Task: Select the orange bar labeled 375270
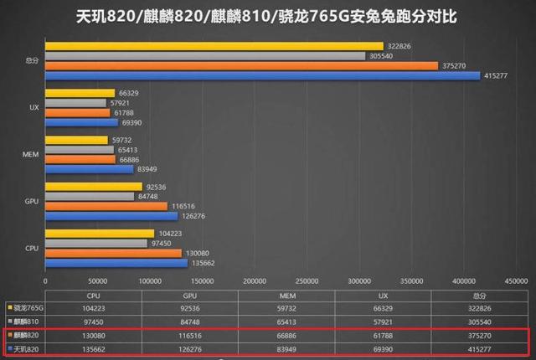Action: point(241,65)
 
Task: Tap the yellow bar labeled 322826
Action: point(214,46)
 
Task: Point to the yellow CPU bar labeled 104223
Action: point(100,233)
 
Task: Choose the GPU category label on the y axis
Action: point(30,201)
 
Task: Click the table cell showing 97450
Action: point(94,321)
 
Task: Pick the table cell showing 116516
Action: point(190,334)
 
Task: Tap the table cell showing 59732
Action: point(286,308)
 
